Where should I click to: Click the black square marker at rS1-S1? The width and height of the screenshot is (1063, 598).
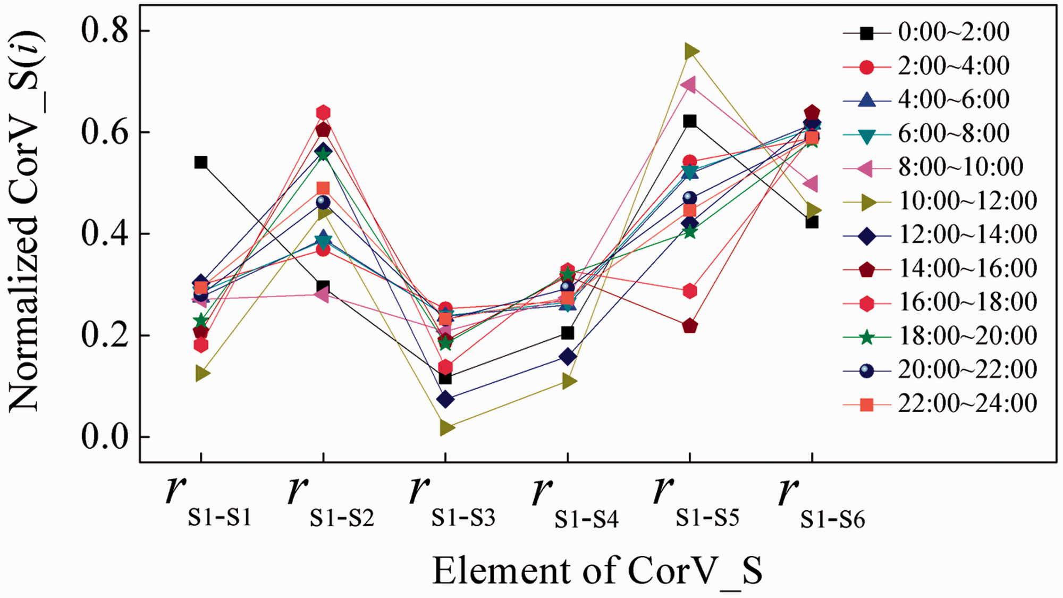(200, 162)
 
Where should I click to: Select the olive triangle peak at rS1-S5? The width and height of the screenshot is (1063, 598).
(691, 51)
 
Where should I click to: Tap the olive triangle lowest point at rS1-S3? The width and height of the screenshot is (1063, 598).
(447, 427)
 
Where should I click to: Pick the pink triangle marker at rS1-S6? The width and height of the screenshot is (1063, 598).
(810, 184)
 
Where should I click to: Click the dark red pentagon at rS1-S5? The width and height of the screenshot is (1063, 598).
(690, 326)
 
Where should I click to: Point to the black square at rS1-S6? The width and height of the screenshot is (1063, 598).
(812, 222)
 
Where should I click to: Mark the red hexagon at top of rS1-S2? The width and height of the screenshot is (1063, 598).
(323, 113)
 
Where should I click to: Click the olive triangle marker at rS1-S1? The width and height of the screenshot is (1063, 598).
(203, 373)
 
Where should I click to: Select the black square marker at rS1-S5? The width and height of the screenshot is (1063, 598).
(690, 121)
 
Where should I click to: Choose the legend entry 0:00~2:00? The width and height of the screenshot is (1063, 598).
(926, 32)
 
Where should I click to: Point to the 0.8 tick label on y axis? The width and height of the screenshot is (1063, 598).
(105, 30)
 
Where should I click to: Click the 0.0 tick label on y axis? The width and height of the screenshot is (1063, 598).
(105, 436)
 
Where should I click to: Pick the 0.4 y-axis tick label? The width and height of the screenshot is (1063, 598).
(105, 233)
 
